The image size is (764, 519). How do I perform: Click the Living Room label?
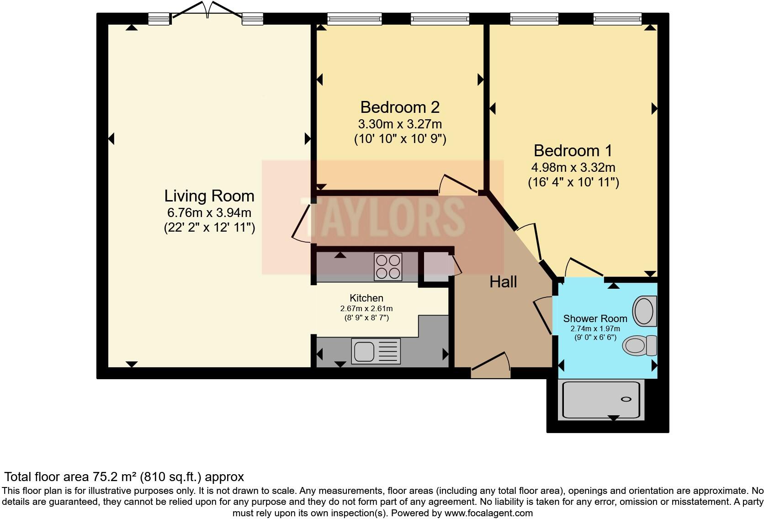click(x=209, y=196)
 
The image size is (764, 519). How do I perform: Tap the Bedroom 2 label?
click(x=400, y=107)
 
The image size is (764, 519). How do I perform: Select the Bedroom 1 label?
click(x=573, y=151)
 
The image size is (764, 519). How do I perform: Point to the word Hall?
click(x=503, y=282)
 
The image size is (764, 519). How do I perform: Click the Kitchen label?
click(x=366, y=298)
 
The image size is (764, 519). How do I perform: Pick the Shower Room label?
click(x=595, y=318)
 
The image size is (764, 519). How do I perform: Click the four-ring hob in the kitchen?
click(x=388, y=267)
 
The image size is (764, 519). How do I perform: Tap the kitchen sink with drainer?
click(x=376, y=351)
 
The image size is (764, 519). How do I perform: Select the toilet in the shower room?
click(x=640, y=345)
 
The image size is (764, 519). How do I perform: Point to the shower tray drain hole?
click(x=626, y=399)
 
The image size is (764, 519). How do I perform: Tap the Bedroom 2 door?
click(x=458, y=185)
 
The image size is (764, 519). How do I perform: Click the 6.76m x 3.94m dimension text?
click(x=209, y=213)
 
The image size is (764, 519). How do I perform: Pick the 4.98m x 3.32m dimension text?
click(x=573, y=167)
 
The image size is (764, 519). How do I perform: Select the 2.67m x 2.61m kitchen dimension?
click(x=366, y=308)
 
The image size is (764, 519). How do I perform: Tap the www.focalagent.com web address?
click(x=488, y=513)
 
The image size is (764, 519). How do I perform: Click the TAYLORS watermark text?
click(x=382, y=217)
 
